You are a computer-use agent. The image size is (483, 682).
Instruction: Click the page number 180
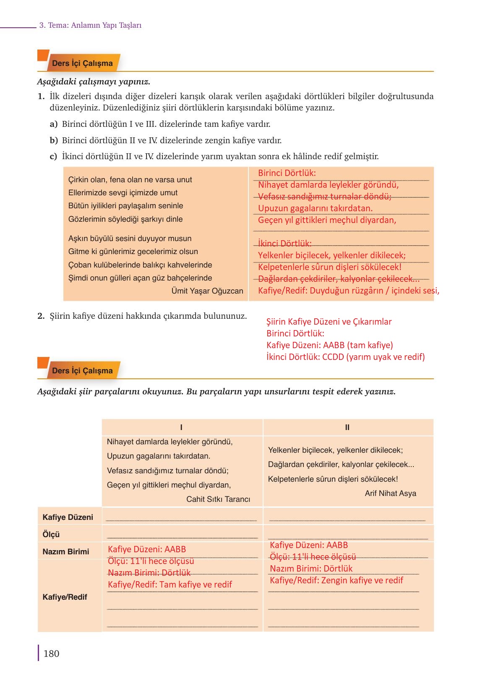click(x=51, y=653)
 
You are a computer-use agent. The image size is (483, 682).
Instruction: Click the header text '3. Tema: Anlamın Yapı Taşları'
click(x=90, y=25)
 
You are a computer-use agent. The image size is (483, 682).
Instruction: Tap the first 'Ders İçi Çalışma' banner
click(x=82, y=63)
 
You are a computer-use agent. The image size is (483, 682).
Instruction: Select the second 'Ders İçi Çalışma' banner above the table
click(x=82, y=371)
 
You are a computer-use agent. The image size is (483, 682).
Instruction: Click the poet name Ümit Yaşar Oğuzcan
click(x=207, y=291)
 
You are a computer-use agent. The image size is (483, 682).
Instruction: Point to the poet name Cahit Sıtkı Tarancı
click(x=218, y=499)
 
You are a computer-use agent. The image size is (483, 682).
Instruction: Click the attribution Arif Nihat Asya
click(x=390, y=493)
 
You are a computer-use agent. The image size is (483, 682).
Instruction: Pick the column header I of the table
click(x=181, y=428)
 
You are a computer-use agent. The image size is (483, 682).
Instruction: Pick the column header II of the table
click(x=347, y=428)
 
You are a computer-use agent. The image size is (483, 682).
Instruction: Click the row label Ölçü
click(x=51, y=535)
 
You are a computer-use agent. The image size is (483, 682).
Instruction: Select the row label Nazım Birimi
click(x=66, y=552)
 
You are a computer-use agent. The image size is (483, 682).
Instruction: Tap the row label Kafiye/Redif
click(x=65, y=597)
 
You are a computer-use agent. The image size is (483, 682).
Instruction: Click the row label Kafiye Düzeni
click(x=68, y=517)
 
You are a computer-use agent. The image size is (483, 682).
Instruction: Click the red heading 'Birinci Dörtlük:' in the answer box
click(x=287, y=173)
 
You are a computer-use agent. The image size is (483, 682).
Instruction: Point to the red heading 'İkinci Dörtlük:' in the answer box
click(x=285, y=244)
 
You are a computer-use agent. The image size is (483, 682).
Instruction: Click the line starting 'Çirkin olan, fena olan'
click(x=130, y=180)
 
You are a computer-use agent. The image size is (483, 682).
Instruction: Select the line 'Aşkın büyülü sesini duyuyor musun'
click(x=130, y=239)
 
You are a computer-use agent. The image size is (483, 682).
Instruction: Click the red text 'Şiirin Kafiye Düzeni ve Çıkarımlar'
click(x=329, y=322)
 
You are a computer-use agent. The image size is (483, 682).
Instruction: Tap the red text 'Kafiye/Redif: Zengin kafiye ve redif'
click(x=336, y=580)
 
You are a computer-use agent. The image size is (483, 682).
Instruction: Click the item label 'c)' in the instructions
click(x=53, y=157)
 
